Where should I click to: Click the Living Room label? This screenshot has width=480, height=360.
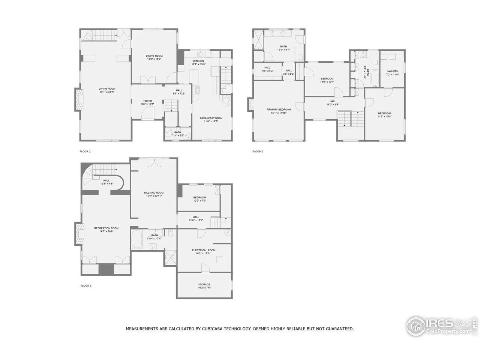pyautogui.click(x=104, y=88)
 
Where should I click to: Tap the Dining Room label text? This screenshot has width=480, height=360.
pyautogui.click(x=154, y=56)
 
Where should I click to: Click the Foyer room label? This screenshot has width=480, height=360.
pyautogui.click(x=147, y=100)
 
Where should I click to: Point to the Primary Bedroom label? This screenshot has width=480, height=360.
pyautogui.click(x=279, y=109)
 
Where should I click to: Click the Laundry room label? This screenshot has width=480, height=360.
pyautogui.click(x=392, y=71)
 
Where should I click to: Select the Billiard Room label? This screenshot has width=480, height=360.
pyautogui.click(x=154, y=193)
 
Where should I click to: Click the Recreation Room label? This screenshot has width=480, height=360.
pyautogui.click(x=106, y=228)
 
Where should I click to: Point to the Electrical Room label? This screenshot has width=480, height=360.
pyautogui.click(x=204, y=250)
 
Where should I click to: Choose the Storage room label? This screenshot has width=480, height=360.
pyautogui.click(x=204, y=285)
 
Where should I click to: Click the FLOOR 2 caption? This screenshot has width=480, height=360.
pyautogui.click(x=85, y=151)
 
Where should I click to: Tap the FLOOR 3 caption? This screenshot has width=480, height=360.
pyautogui.click(x=258, y=151)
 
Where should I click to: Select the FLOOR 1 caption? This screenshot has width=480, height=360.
pyautogui.click(x=86, y=286)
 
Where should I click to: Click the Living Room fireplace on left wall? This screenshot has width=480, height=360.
pyautogui.click(x=78, y=99)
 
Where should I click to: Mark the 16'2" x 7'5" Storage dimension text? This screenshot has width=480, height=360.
pyautogui.click(x=204, y=288)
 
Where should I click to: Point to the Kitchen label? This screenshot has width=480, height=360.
pyautogui.click(x=198, y=61)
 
